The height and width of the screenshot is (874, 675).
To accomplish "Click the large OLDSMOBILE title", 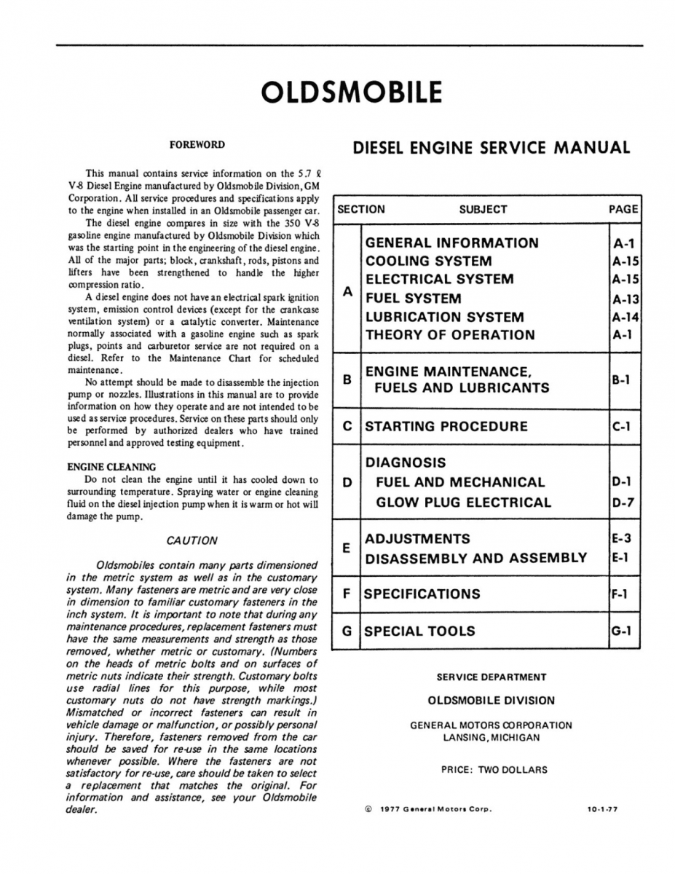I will [x=351, y=93].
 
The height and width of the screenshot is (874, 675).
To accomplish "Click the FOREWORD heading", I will [x=197, y=145].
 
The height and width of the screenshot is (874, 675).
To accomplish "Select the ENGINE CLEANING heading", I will [x=111, y=466].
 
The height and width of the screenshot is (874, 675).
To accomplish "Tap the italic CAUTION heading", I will [x=192, y=540].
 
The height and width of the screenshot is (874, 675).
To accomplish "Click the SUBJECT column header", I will [x=483, y=209].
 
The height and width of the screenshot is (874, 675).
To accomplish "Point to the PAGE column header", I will [x=623, y=209].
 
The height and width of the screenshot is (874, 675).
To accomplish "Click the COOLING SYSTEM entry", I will [x=428, y=261].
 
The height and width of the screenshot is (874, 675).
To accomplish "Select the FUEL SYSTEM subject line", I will [x=413, y=298].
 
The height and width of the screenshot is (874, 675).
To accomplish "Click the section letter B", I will [x=347, y=379].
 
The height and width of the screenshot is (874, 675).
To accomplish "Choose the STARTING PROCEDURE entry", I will [x=446, y=426].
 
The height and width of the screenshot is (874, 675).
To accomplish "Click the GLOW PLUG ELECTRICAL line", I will [x=464, y=502].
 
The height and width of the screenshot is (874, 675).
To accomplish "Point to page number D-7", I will [x=622, y=502].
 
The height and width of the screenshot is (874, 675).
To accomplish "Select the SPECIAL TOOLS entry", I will [x=419, y=631].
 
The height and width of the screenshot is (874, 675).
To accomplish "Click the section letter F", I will [x=347, y=593].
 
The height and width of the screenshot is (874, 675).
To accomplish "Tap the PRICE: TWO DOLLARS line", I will [x=494, y=769].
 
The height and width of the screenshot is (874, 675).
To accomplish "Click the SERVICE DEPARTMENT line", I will [x=491, y=677].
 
